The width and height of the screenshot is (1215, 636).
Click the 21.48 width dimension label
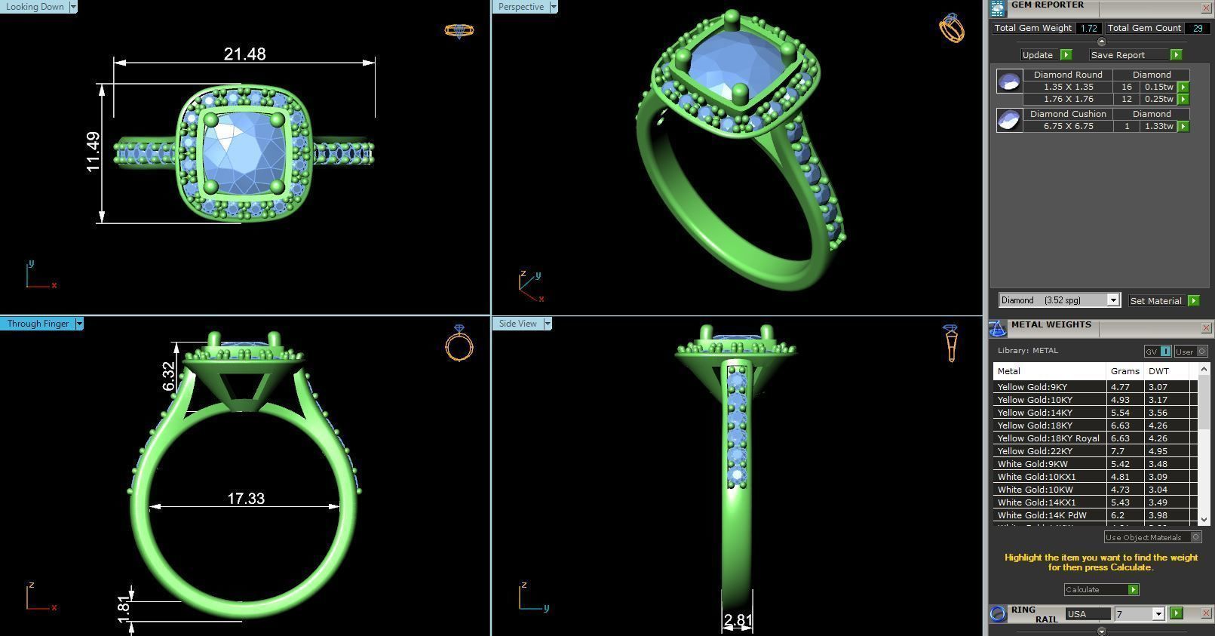[x=244, y=54]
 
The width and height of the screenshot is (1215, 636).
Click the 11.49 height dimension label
[x=94, y=152]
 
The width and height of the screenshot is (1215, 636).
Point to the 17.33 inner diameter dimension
[x=246, y=499]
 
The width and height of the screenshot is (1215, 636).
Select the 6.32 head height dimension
[x=169, y=376]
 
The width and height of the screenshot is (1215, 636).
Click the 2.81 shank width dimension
[x=738, y=620]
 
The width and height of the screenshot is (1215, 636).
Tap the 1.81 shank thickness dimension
[x=124, y=608]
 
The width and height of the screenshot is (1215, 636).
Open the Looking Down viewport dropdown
[x=72, y=7]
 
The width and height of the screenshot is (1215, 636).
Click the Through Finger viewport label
[x=38, y=324]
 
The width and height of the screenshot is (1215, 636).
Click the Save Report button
[x=1118, y=55]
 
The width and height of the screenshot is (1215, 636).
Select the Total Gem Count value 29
[x=1197, y=28]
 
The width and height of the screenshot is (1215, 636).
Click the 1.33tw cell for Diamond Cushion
[x=1158, y=126]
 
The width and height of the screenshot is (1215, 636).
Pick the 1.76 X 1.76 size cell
[x=1068, y=99]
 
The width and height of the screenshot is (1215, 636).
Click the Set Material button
[x=1155, y=300]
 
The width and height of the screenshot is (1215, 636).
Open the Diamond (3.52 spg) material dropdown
[x=1112, y=300]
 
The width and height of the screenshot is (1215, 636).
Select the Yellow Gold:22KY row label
[x=1035, y=451]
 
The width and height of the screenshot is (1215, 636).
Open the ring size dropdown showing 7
[x=1158, y=614]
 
